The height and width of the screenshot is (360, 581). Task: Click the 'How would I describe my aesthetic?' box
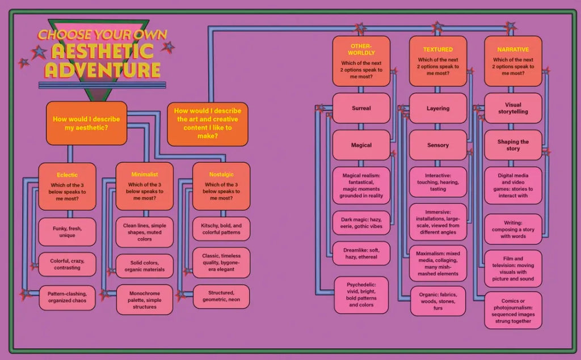[86, 123]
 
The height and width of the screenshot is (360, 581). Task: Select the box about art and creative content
[207, 124]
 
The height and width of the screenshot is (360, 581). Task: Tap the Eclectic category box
[67, 187]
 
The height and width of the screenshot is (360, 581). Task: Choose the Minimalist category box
[144, 187]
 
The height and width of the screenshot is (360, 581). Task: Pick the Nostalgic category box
[221, 187]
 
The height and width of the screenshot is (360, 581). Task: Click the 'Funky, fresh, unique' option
[67, 232]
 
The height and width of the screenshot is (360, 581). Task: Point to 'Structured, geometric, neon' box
[221, 296]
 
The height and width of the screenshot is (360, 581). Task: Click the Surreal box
[361, 108]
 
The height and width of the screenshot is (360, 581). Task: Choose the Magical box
[361, 145]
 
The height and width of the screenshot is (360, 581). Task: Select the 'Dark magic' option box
[361, 222]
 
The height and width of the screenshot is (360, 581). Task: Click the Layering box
[438, 108]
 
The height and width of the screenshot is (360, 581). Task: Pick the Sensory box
[438, 145]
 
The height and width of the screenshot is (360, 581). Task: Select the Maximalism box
[438, 263]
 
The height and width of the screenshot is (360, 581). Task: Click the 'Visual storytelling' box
[513, 108]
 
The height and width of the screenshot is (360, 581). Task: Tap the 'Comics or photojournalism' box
[513, 310]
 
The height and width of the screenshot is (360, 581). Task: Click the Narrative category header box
[513, 61]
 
